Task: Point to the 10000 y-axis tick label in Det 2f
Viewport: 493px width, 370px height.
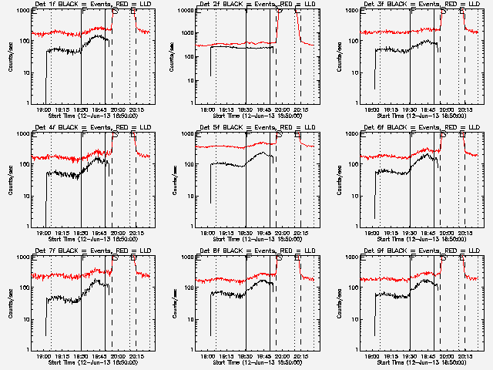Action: (x=183, y=11)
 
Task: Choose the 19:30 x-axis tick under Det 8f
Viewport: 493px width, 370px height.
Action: (x=246, y=357)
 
